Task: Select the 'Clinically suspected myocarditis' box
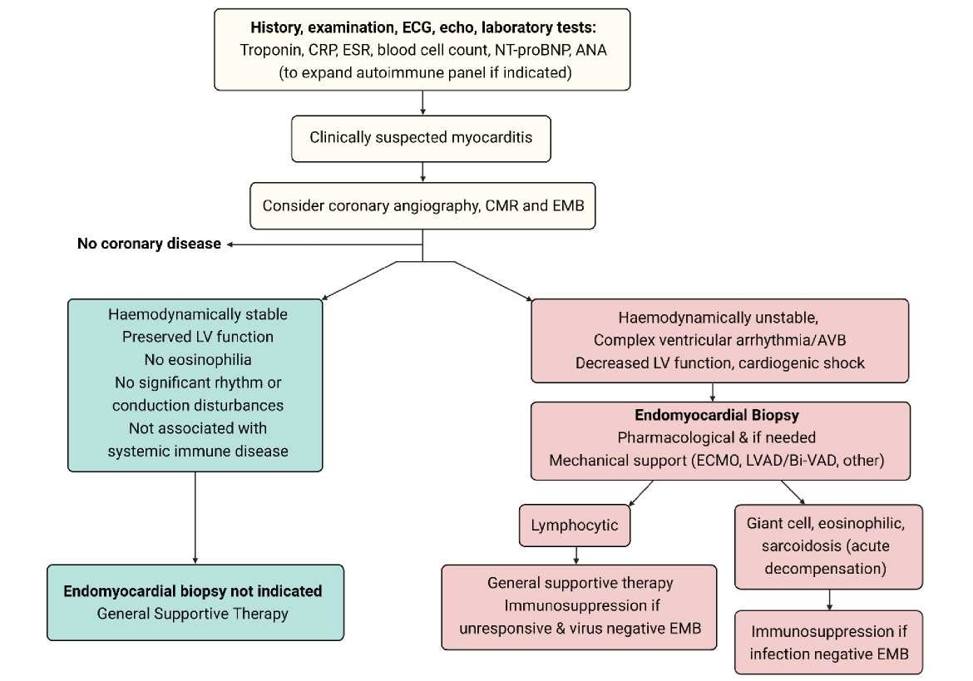422,137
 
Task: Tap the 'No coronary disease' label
149,244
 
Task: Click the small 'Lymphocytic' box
575,526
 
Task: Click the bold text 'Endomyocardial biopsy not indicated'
193,591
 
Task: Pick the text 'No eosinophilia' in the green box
195,360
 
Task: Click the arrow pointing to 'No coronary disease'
324,244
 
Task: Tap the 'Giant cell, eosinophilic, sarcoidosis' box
830,546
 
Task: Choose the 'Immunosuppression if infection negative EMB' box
830,642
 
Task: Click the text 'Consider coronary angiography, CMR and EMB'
422,205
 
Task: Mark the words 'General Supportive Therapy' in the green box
193,614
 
